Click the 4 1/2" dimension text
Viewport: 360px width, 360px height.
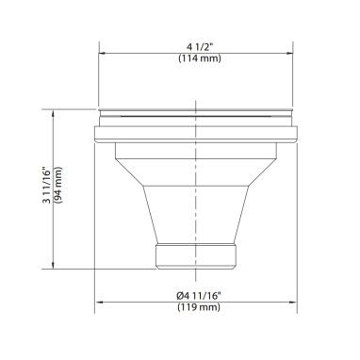200,47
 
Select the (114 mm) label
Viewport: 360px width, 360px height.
200,58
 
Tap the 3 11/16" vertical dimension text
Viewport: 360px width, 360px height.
46,187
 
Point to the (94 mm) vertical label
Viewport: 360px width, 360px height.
58,187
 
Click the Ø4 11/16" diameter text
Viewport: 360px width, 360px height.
199,296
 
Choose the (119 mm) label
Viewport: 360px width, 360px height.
199,306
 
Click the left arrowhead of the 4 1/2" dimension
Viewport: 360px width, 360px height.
103,54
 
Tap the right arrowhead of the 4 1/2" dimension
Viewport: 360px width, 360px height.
289,54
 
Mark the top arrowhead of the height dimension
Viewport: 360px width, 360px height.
54,113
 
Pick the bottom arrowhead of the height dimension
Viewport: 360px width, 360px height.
54,265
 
